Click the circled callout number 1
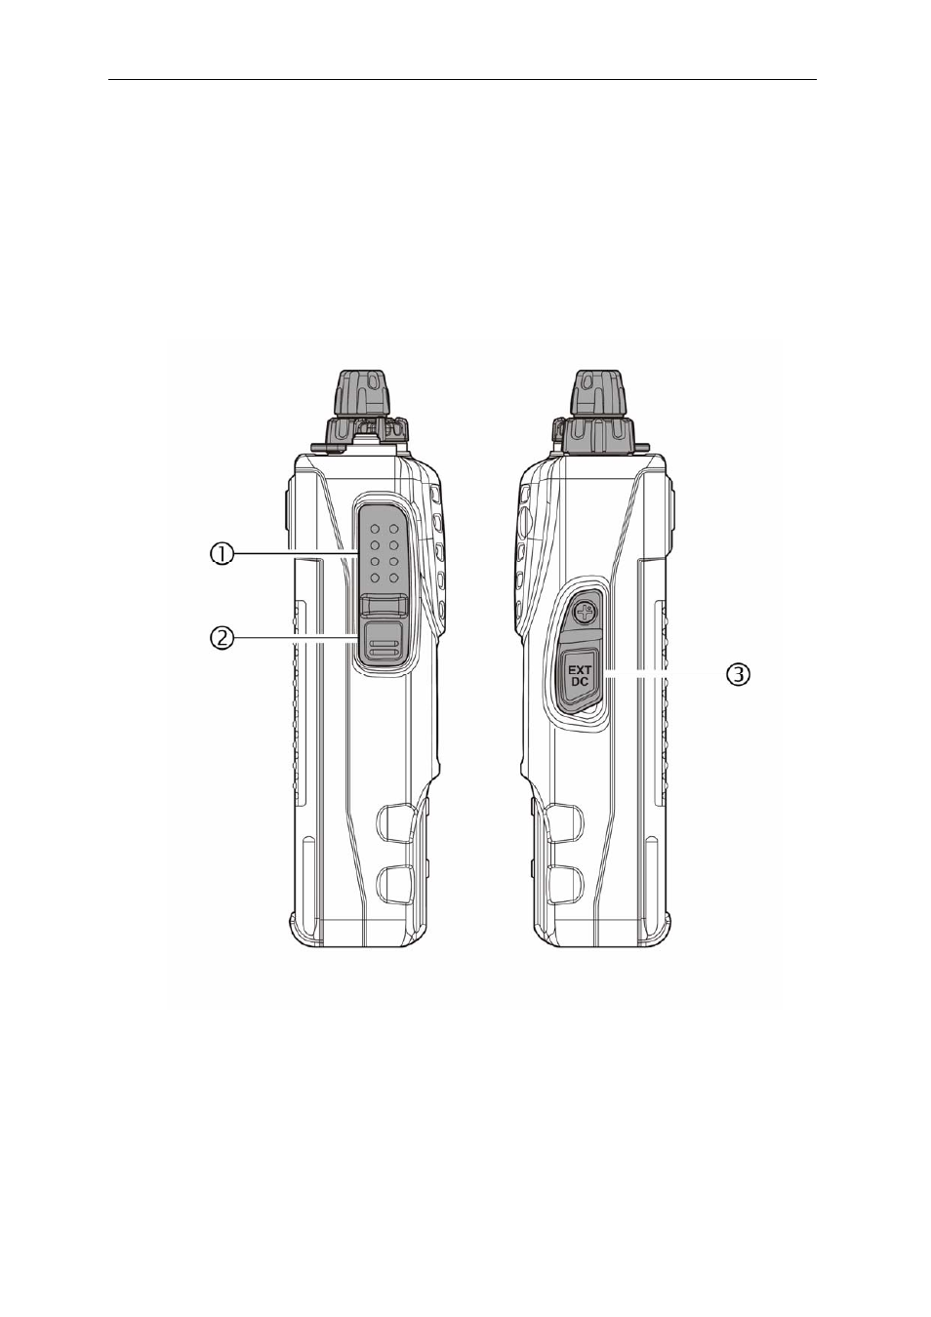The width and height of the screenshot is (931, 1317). tap(222, 554)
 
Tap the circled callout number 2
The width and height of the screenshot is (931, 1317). tap(222, 638)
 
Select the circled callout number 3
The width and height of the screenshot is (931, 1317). tap(738, 675)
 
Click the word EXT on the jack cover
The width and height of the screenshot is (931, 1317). tap(580, 668)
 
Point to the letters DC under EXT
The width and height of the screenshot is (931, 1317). tap(580, 682)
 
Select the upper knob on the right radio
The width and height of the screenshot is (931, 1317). tap(598, 393)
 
